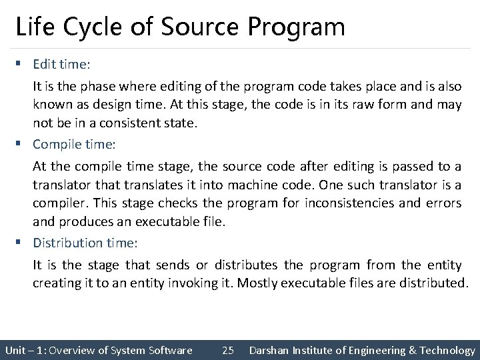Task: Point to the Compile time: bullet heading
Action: [75, 143]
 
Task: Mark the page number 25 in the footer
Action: [227, 350]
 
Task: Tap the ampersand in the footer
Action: [413, 350]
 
